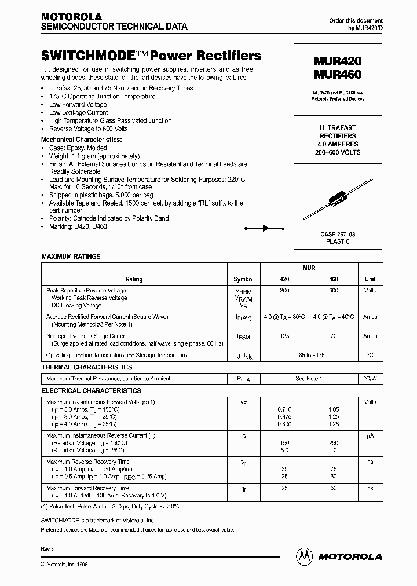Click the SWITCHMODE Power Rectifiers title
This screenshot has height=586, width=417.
151,56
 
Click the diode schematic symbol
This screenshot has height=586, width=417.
267,228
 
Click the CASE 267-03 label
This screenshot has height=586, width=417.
338,235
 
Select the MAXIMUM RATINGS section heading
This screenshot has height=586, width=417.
71,256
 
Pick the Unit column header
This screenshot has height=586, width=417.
370,279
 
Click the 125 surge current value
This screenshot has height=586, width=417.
284,336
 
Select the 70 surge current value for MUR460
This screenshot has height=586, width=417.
333,336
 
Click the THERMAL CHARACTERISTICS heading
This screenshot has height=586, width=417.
87,367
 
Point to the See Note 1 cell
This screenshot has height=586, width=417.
309,379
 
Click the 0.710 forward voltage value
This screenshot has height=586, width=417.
284,409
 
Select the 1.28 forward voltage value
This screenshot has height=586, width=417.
333,424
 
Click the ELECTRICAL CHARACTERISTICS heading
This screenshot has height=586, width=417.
91,391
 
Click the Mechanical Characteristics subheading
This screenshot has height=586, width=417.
81,140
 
